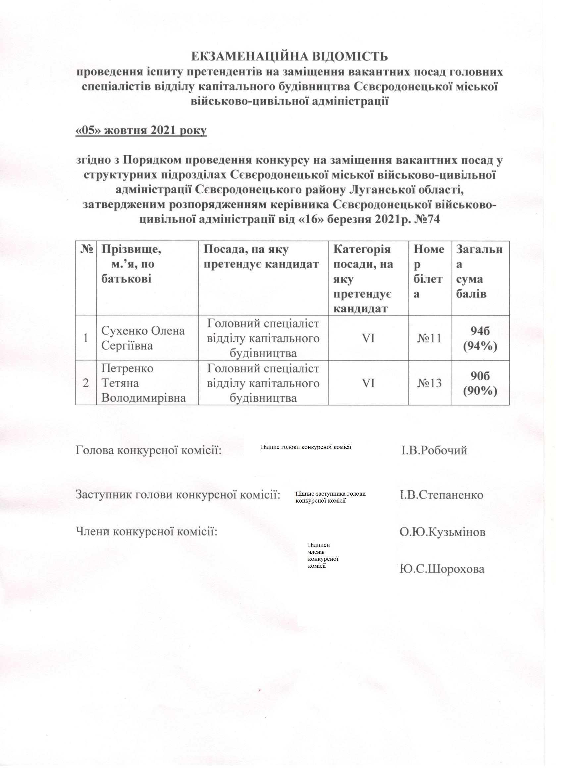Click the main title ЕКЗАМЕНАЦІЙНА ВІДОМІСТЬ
tap(289, 57)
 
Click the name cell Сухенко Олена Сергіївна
tap(143, 338)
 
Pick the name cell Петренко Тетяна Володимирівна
tap(144, 383)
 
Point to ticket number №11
tap(430, 338)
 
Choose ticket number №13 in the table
tap(430, 383)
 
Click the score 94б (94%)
tap(480, 338)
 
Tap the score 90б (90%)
tap(480, 383)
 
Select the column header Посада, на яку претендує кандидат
tap(261, 257)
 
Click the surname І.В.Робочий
tap(434, 451)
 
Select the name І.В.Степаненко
tap(442, 495)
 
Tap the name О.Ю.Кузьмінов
tap(442, 532)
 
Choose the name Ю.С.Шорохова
tap(442, 569)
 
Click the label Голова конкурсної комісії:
tap(148, 451)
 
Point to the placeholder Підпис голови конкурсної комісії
tap(306, 447)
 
